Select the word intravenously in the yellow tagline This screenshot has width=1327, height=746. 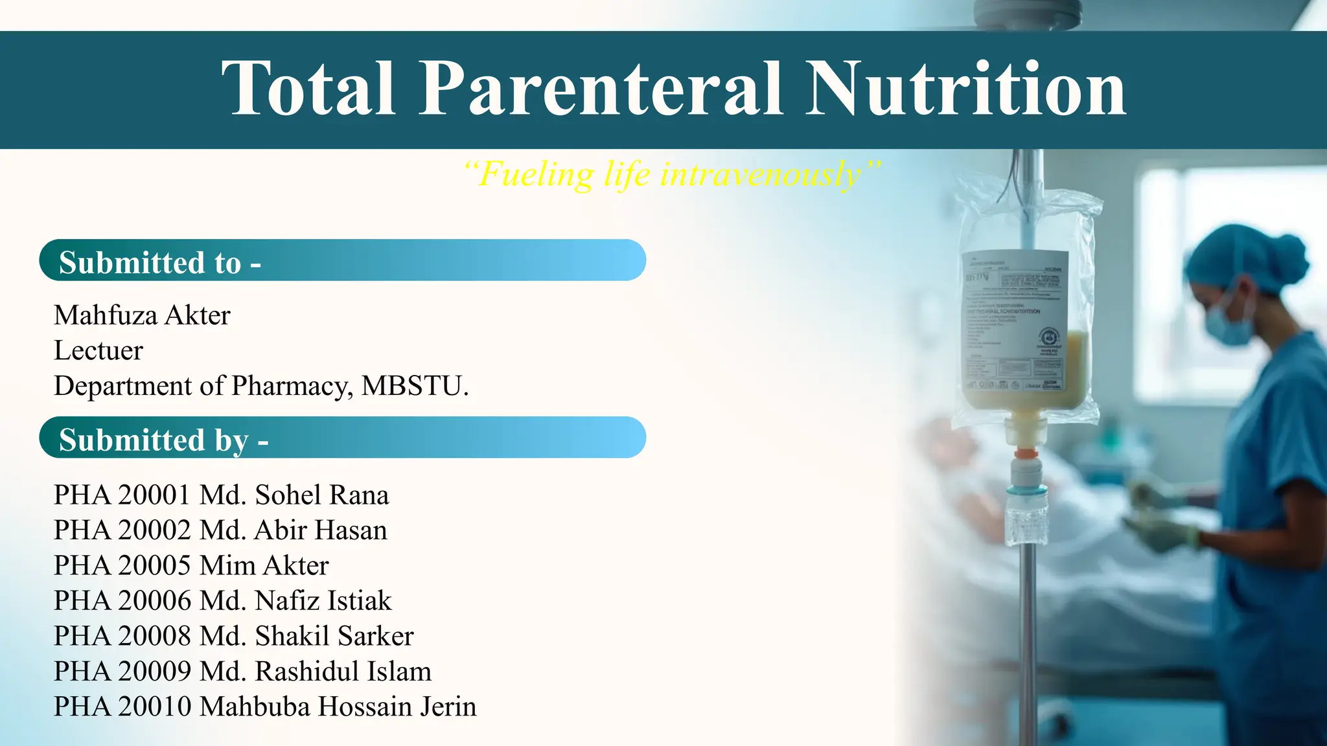(x=761, y=174)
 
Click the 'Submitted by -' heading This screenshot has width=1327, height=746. (x=163, y=440)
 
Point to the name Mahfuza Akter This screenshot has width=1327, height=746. (x=142, y=315)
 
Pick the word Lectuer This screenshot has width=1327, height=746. (x=98, y=350)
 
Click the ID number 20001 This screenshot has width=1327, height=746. (x=154, y=495)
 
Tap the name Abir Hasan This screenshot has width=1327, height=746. (x=320, y=530)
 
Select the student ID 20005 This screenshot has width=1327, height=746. (x=154, y=565)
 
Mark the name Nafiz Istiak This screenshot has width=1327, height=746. (x=323, y=601)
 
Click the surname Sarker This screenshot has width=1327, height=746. (x=375, y=636)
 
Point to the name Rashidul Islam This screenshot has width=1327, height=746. (x=343, y=672)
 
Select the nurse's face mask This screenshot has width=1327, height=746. (x=1228, y=323)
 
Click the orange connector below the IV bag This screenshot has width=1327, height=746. (x=1025, y=454)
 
